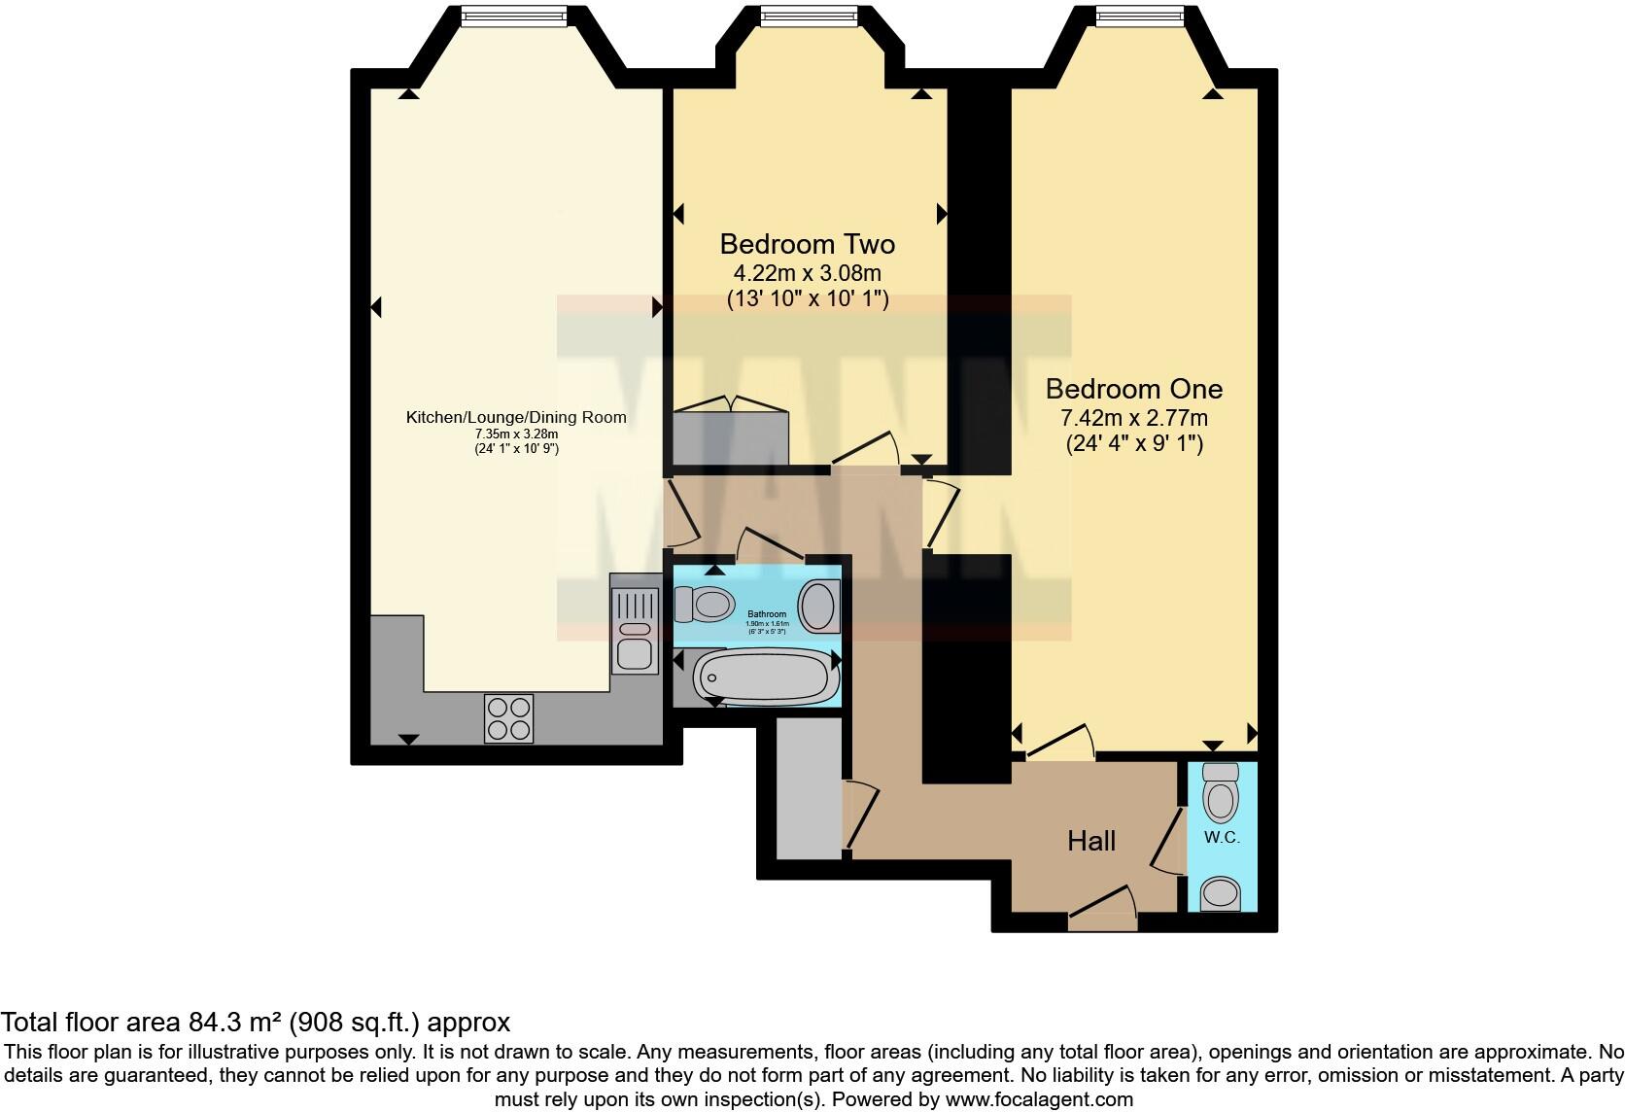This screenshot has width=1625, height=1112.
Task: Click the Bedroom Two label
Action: click(807, 244)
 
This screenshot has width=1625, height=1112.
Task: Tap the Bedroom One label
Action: click(1133, 389)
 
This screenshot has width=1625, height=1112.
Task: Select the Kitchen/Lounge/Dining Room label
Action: click(515, 418)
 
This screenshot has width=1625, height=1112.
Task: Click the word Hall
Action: click(1090, 841)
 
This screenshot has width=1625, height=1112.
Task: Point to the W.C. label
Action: click(1222, 837)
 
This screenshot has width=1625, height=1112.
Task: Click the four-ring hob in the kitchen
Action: click(507, 718)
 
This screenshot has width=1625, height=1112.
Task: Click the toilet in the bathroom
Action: click(704, 605)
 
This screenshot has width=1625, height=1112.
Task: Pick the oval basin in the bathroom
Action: click(820, 606)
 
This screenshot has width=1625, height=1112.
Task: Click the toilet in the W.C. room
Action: click(1221, 791)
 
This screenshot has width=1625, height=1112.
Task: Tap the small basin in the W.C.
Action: click(1221, 893)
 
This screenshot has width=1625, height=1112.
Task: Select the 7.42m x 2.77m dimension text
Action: click(1133, 419)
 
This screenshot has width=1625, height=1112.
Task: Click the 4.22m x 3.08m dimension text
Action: click(807, 273)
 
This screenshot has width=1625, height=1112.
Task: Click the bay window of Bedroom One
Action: click(1140, 14)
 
